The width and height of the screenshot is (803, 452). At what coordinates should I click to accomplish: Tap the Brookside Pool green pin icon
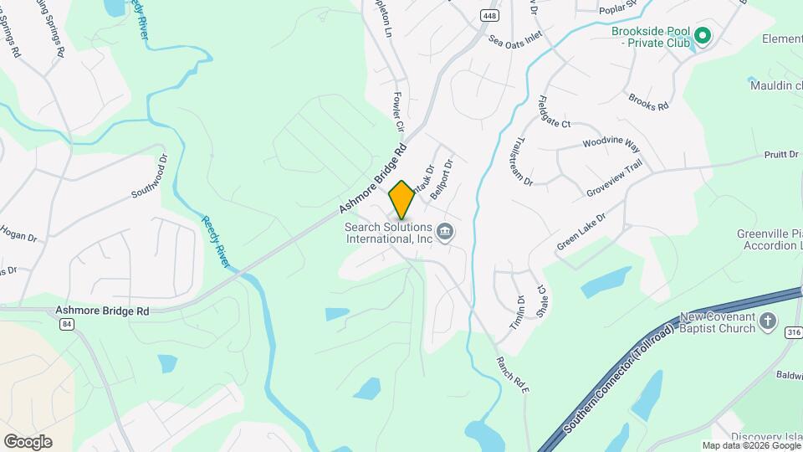pyautogui.click(x=703, y=35)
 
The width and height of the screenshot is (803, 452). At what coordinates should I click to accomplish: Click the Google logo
pyautogui.click(x=28, y=442)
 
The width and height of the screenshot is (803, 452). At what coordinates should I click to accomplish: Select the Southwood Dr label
pyautogui.click(x=150, y=181)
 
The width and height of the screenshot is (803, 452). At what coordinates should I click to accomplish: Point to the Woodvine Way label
pyautogui.click(x=611, y=144)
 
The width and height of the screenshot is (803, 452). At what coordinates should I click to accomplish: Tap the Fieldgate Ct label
pyautogui.click(x=555, y=111)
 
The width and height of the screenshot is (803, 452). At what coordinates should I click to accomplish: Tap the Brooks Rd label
pyautogui.click(x=649, y=101)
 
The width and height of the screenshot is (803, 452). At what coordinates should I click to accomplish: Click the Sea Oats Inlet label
pyautogui.click(x=516, y=38)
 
